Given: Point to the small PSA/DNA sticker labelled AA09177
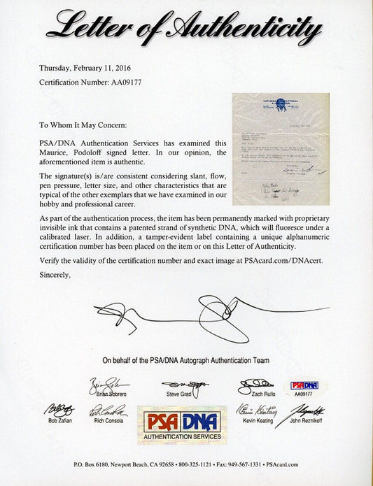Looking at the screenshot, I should (304, 388).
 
